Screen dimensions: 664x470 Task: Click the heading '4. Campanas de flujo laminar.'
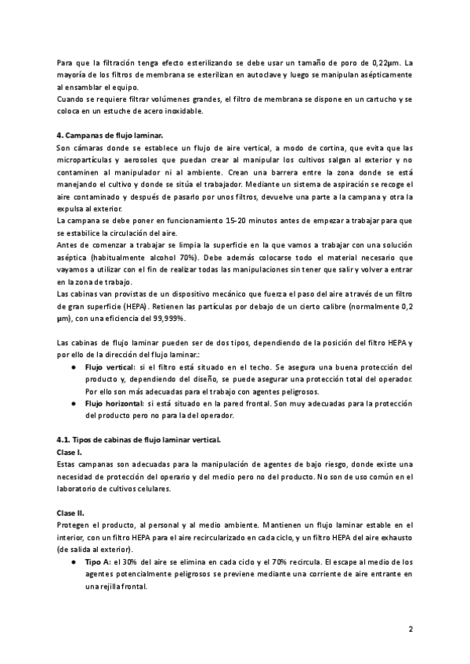[x=110, y=135]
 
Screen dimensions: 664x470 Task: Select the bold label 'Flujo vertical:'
[x=110, y=366]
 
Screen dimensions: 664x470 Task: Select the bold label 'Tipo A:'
[x=98, y=562]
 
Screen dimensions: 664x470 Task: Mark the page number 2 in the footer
[x=410, y=629]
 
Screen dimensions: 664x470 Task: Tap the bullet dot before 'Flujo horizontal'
[x=73, y=403]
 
